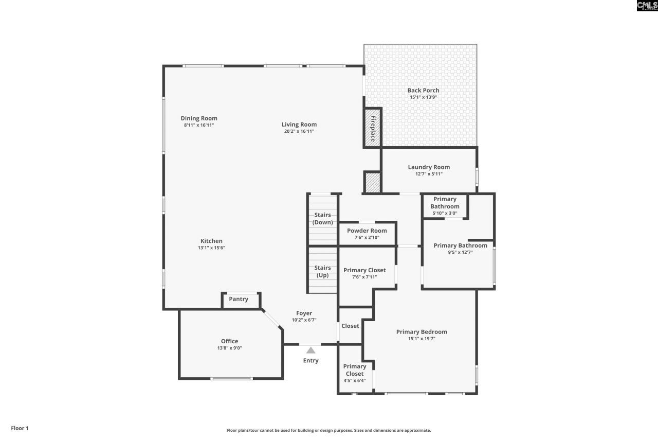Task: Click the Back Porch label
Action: [423, 90]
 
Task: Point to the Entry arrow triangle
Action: [311, 350]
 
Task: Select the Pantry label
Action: [239, 299]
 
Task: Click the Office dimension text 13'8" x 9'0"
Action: [229, 348]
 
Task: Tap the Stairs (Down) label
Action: [322, 219]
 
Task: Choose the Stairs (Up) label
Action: [322, 271]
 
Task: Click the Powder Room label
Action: [367, 231]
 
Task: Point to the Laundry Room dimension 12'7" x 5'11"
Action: [429, 174]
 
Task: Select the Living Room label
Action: [299, 125]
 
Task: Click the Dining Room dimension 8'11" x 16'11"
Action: [199, 125]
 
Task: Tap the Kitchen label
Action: [211, 241]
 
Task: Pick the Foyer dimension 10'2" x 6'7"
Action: [304, 320]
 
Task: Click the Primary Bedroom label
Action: [422, 331]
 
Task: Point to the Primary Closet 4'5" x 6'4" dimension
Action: [355, 380]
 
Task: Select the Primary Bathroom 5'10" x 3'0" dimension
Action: [445, 213]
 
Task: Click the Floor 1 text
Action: [20, 428]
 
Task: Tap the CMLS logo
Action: [647, 6]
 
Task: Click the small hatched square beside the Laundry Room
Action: [373, 183]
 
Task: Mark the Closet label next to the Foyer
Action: [350, 326]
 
